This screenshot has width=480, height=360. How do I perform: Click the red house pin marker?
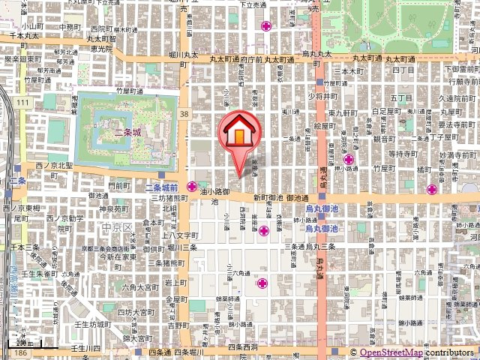[x=238, y=134]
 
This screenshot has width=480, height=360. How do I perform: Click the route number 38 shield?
[x=185, y=113]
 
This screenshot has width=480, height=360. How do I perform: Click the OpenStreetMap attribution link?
[x=391, y=353]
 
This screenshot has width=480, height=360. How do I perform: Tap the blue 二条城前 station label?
[x=160, y=187]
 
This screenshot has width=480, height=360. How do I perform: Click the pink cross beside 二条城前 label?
[x=193, y=186]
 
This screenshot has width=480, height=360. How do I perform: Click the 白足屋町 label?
[x=384, y=110]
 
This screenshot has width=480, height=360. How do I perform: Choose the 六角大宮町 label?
[x=142, y=286]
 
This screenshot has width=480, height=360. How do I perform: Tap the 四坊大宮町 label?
[x=136, y=309]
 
